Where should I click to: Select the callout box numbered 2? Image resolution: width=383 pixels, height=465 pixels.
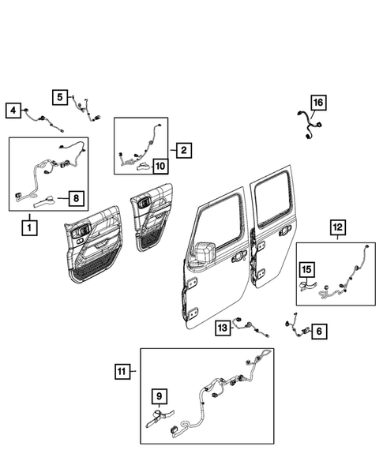coord(182,149)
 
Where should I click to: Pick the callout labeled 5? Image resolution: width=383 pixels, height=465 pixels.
coord(61,96)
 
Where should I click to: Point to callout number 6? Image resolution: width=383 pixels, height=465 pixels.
coord(319,332)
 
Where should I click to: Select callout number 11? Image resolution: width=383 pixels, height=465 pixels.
coord(121,370)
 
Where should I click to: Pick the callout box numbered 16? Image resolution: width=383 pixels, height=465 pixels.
coord(317,103)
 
